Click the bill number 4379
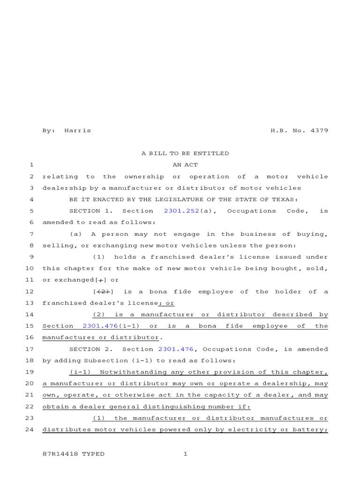[319, 130]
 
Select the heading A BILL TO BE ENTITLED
[185, 153]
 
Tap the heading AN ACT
[185, 165]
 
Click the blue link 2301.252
[181, 211]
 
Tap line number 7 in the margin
[31, 234]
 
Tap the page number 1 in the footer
[185, 454]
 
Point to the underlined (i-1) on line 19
[80, 372]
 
